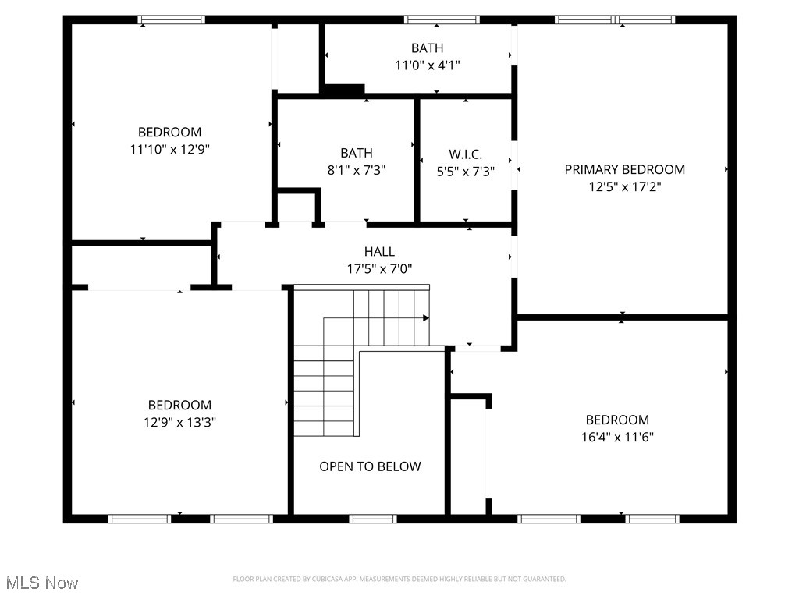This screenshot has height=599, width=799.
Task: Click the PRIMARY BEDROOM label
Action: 624,169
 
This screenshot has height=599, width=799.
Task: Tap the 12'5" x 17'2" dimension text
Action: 624,187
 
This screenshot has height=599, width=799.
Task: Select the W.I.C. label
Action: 465,154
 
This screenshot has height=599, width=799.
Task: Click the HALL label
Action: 379,251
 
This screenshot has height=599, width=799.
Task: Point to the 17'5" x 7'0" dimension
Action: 379,269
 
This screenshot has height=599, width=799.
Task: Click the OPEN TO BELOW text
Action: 370,466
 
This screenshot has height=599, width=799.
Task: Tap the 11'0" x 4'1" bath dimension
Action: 427,66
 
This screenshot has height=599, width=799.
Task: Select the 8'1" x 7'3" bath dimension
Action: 356,170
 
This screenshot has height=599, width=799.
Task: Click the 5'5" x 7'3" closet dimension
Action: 465,171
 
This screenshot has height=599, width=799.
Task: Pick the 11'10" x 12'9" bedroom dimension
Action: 169,149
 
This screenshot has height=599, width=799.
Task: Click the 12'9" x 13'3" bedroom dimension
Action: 179,423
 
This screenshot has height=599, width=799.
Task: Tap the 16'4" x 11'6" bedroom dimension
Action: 617,438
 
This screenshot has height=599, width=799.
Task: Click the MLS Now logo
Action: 42,583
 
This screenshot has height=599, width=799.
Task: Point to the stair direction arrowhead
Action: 426,317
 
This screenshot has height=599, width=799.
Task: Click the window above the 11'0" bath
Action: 442,19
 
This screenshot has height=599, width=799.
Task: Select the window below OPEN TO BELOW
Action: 372,519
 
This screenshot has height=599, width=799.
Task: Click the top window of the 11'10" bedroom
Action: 172,19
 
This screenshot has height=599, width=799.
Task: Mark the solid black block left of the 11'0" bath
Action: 343,90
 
